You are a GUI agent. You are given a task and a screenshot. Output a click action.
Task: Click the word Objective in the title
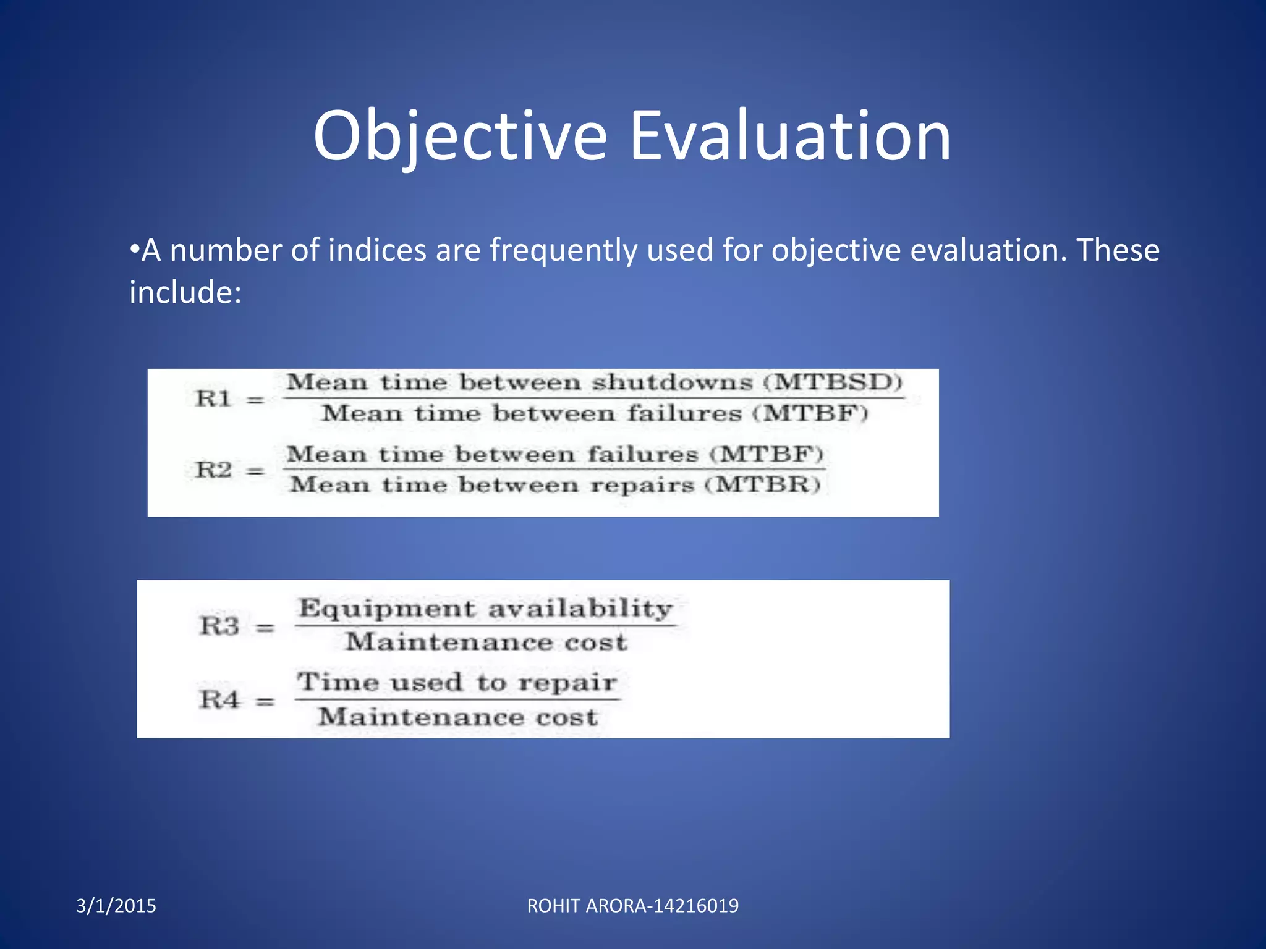[x=460, y=136]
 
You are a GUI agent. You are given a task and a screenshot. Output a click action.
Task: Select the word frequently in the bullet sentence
[x=563, y=250]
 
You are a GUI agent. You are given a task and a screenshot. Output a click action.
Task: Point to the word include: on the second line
[x=185, y=292]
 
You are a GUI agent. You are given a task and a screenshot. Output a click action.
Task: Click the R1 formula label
[x=213, y=399]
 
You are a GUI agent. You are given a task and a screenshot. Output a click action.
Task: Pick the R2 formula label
[x=213, y=470]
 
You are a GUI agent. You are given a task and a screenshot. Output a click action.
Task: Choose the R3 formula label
[x=219, y=626]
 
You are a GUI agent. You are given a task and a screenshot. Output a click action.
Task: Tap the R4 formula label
[x=219, y=700]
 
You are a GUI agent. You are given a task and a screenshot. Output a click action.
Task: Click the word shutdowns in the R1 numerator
[x=673, y=382]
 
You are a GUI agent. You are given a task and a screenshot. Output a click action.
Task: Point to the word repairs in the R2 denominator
[x=642, y=485]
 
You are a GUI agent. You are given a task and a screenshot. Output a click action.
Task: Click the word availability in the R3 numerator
[x=580, y=609]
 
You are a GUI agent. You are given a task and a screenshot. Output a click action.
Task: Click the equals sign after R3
[x=265, y=628]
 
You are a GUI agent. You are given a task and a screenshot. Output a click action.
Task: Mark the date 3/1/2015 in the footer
[x=116, y=906]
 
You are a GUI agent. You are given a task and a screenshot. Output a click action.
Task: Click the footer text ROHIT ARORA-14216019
[x=632, y=906]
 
